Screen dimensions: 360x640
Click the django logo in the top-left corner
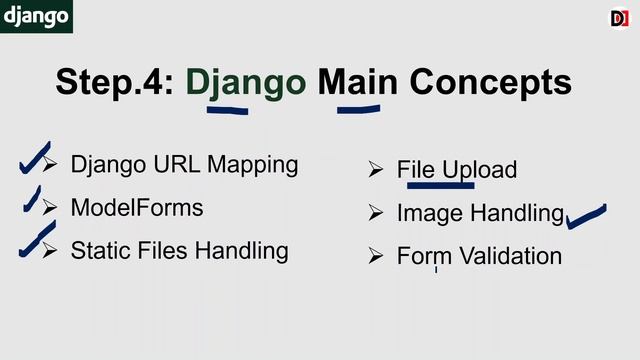(36, 16)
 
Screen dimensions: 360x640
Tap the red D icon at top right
(619, 18)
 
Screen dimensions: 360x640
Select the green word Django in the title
(246, 82)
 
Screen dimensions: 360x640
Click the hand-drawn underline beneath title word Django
(227, 109)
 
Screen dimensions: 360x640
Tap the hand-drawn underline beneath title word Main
(359, 109)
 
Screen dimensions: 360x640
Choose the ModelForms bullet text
(137, 208)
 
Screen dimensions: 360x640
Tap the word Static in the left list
(98, 250)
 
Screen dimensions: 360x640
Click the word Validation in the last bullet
(506, 256)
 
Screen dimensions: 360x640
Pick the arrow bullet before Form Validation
(376, 256)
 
